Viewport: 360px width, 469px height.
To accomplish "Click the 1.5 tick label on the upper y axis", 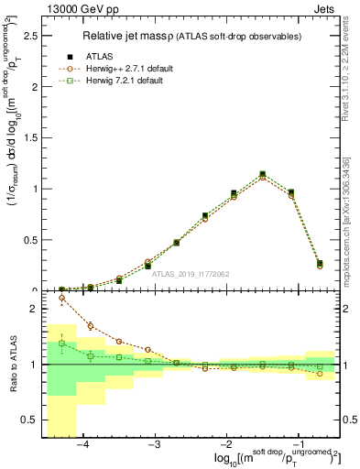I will pyautogui.click(x=27, y=138).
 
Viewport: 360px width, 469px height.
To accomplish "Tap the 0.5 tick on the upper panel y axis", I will pyautogui.click(x=27, y=240).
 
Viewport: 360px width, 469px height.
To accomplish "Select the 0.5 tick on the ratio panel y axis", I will pyautogui.click(x=27, y=420).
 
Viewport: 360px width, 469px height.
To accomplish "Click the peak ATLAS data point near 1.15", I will pyautogui.click(x=262, y=174).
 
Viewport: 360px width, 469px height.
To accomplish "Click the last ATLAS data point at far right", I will pyautogui.click(x=319, y=263).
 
